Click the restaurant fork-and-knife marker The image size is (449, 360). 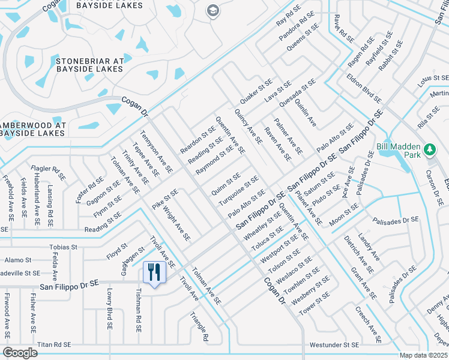point(154,273)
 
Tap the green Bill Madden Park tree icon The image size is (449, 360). point(429,149)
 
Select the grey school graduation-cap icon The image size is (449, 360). point(212,10)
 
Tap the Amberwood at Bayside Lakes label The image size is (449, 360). point(41,129)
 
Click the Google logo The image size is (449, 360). point(20,352)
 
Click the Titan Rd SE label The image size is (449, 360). point(54,345)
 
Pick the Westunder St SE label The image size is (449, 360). point(334,346)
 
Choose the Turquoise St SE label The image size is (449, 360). point(238,189)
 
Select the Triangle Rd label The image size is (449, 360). point(199,326)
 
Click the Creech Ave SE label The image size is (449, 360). point(368,325)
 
